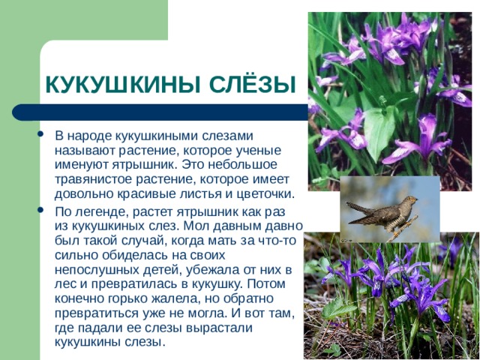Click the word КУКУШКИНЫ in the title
pyautogui.click(x=122, y=84)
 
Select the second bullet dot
pyautogui.click(x=40, y=210)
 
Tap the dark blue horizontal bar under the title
pyautogui.click(x=160, y=112)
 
